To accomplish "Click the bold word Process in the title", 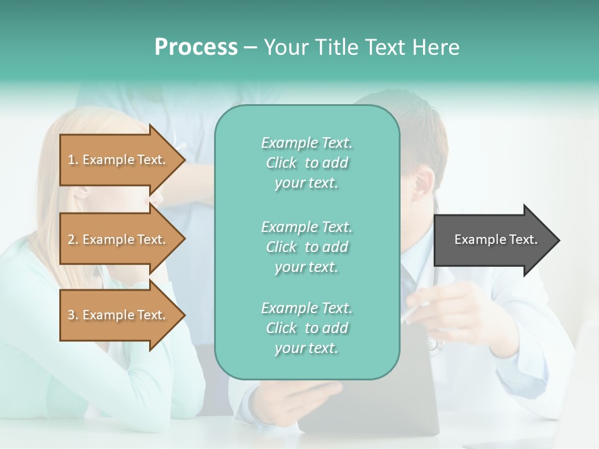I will click(196, 47).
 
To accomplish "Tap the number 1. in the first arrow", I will click(73, 160).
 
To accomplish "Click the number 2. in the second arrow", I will click(73, 239).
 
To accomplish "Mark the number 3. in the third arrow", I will click(73, 315).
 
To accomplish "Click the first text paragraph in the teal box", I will click(306, 163).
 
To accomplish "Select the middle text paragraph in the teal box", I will click(306, 247).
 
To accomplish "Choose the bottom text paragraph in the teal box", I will click(306, 328).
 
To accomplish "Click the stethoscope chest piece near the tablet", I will click(435, 344).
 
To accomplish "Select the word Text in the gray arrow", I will click(523, 239).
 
